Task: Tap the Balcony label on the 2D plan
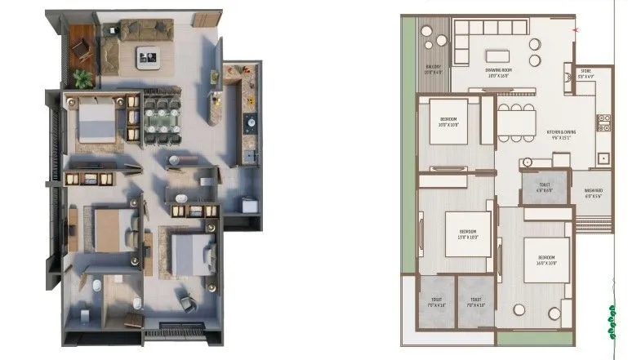click(433, 70)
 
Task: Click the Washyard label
click(593, 194)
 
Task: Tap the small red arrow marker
click(575, 29)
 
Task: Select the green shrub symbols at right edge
click(610, 322)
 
